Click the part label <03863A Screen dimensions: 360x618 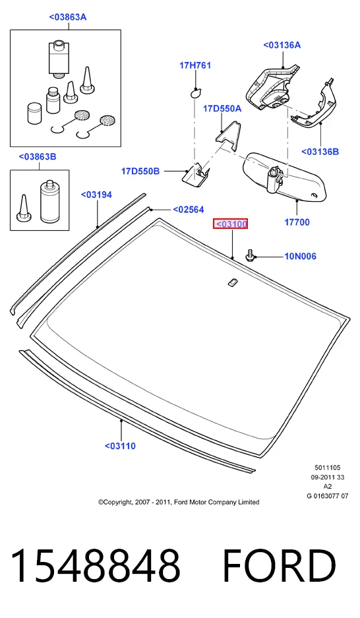pyautogui.click(x=68, y=17)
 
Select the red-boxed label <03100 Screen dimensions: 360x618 pyautogui.click(x=230, y=224)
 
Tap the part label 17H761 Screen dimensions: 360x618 pyautogui.click(x=195, y=65)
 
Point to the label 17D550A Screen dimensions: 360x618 pyautogui.click(x=222, y=108)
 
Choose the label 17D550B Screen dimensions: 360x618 pyautogui.click(x=140, y=171)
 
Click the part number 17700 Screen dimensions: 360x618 pyautogui.click(x=297, y=222)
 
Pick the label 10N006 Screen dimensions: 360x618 pyautogui.click(x=301, y=256)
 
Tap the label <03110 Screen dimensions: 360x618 pyautogui.click(x=120, y=446)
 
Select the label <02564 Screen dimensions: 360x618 pyautogui.click(x=189, y=210)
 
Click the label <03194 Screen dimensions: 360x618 pyautogui.click(x=96, y=195)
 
